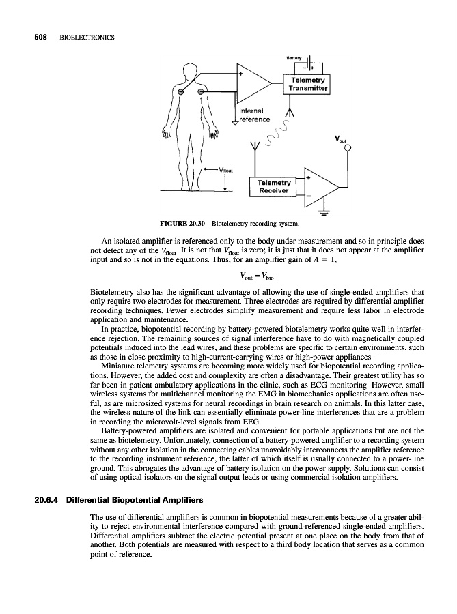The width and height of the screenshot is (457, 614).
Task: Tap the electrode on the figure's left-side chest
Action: point(182,92)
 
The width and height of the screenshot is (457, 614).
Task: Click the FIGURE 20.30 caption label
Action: point(183,222)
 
